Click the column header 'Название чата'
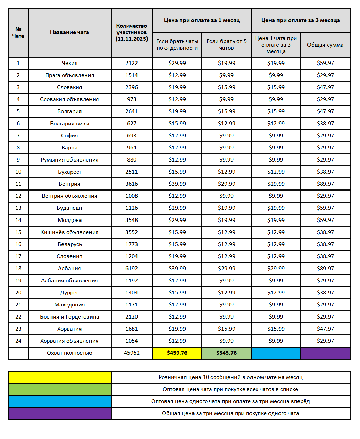[x=69, y=32]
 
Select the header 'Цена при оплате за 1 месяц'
[x=202, y=20]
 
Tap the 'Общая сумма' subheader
[x=325, y=45]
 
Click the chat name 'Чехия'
[x=69, y=63]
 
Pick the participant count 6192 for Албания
[x=132, y=269]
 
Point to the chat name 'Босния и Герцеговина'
[x=69, y=317]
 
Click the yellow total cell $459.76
[x=177, y=353]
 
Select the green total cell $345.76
[x=226, y=353]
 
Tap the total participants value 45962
[x=132, y=353]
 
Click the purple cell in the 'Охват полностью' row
[x=325, y=353]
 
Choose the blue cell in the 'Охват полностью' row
[x=276, y=353]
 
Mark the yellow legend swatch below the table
[x=59, y=377]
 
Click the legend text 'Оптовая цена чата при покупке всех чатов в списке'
[x=230, y=389]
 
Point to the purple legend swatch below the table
[x=59, y=413]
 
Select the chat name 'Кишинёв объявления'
[x=69, y=232]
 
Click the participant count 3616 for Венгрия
[x=132, y=184]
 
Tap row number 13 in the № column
[x=18, y=208]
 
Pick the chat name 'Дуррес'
[x=69, y=293]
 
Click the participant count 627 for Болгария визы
[x=132, y=124]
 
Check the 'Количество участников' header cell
[x=132, y=32]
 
